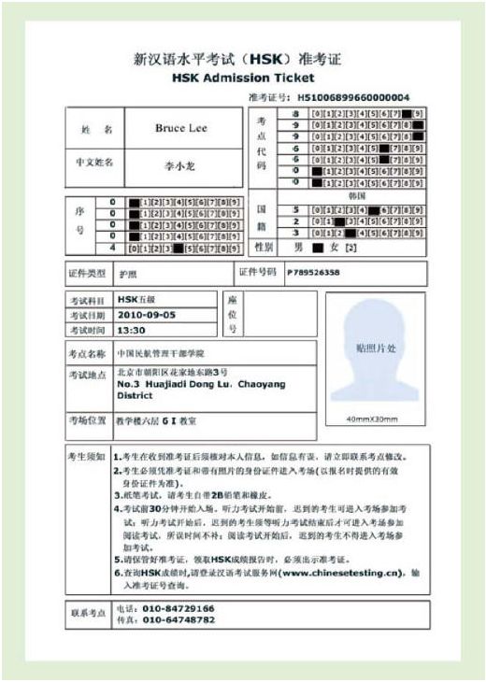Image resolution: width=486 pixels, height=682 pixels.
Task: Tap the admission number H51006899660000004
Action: (354, 96)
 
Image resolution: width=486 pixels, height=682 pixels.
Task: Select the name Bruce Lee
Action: (181, 128)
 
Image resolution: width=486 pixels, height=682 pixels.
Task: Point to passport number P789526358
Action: (313, 273)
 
